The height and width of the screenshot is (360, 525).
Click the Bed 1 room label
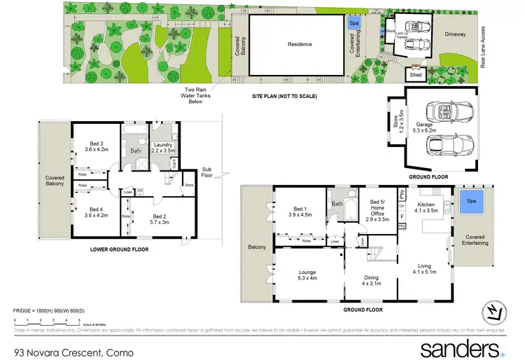tap(299, 212)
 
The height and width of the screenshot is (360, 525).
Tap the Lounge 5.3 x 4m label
tap(308, 275)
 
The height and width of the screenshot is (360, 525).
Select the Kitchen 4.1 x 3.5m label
tap(426, 206)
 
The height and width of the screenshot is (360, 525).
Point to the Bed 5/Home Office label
tap(377, 210)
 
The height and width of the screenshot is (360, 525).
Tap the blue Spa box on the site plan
tap(354, 23)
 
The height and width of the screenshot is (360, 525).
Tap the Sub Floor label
tap(206, 172)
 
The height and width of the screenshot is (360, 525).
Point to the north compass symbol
tap(494, 312)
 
